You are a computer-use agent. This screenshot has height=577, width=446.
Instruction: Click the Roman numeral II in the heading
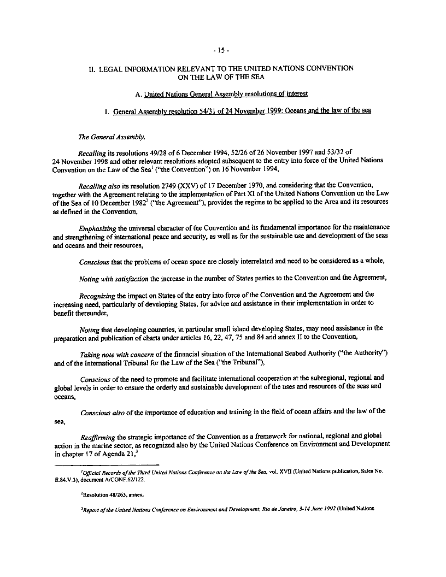93,69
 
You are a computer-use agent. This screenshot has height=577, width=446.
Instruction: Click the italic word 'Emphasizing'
98,227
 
